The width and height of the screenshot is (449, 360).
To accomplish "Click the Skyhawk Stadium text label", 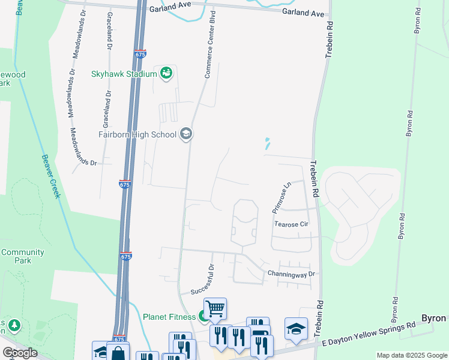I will [124, 74].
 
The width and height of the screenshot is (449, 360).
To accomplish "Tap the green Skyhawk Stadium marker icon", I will [166, 74].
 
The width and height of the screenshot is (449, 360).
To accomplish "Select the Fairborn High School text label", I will [137, 134].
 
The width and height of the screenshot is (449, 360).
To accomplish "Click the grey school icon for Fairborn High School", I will [186, 134].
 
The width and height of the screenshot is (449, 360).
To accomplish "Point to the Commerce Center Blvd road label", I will [210, 45].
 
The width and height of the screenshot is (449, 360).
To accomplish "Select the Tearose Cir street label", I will [291, 224].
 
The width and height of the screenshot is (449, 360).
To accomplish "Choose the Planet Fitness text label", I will [169, 316].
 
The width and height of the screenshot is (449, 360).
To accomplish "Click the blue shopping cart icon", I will [215, 309].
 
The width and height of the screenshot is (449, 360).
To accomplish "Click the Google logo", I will [20, 353].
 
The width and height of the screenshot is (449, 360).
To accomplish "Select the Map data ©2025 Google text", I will [411, 355].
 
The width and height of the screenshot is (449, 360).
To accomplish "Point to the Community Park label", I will [22, 256].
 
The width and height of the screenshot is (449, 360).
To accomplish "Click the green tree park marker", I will [13, 326].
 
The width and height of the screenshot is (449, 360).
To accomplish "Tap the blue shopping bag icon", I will [118, 352].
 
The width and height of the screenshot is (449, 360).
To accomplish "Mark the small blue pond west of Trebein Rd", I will [267, 143].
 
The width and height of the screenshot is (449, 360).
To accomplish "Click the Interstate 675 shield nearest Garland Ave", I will [140, 54].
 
